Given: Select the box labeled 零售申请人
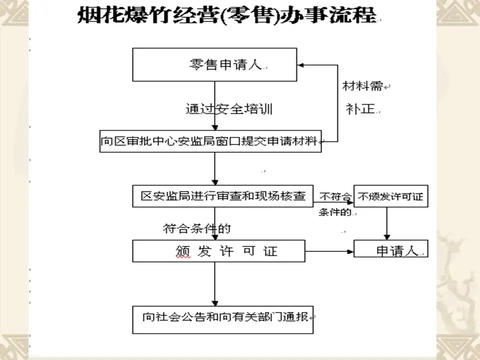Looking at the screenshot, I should coord(214,64).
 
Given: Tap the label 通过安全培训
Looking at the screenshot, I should coord(228,109).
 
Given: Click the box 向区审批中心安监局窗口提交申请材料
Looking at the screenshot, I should coord(210,141).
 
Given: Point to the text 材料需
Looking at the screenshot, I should coord(362,86).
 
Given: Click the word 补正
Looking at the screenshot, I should coord(360,109).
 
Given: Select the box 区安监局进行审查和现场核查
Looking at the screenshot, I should coord(223,196).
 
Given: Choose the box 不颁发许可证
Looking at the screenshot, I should coord(390,196).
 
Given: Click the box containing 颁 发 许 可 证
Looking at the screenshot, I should coord(218,251).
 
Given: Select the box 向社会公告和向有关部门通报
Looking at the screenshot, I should coord(222,319).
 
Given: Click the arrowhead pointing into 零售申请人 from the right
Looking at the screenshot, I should coord(301,64).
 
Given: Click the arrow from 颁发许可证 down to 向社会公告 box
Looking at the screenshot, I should coord(215,283).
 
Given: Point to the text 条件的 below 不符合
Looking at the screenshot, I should coord(334,211).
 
